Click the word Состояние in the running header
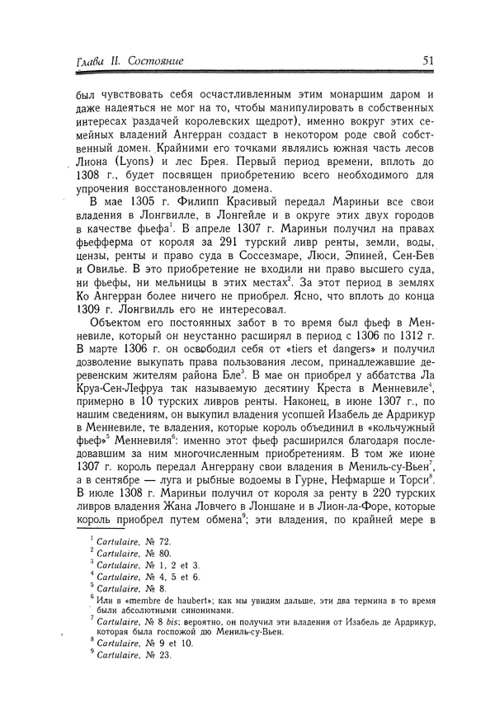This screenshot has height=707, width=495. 153,61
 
